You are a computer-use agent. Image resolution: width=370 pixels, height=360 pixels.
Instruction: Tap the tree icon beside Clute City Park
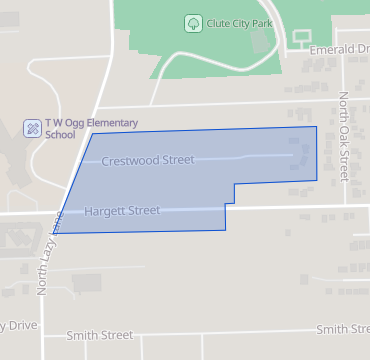pyautogui.click(x=191, y=22)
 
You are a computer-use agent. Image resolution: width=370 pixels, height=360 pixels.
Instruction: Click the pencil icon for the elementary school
pyautogui.click(x=32, y=128)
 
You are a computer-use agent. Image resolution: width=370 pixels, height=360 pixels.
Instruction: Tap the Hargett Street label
pyautogui.click(x=122, y=211)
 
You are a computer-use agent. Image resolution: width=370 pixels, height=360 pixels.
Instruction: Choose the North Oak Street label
pyautogui.click(x=343, y=136)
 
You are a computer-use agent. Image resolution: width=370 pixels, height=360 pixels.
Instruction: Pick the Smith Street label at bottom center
pyautogui.click(x=99, y=335)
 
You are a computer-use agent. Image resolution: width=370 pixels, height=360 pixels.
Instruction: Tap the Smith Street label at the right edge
pyautogui.click(x=342, y=329)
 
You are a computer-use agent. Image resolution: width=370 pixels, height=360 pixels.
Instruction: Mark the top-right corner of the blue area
pyautogui.click(x=316, y=127)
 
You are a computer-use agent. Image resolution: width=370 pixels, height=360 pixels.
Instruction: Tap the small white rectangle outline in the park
pyautogui.click(x=301, y=38)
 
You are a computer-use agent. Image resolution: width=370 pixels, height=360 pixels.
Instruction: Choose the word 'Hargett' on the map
pyautogui.click(x=105, y=211)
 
